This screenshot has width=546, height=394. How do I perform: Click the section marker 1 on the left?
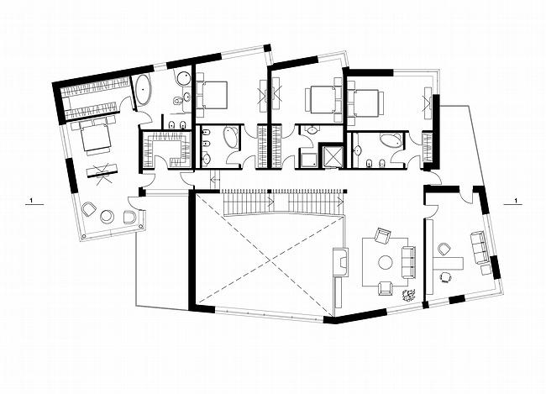coord(32,201)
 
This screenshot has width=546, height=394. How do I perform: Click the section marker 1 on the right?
coord(516,201)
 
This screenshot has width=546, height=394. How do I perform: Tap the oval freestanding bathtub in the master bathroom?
coord(143,89)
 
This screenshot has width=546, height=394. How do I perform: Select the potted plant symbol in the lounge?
coord(408,295)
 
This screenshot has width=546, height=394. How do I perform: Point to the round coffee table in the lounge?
coord(385,262)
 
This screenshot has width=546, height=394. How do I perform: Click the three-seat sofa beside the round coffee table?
coord(408,262)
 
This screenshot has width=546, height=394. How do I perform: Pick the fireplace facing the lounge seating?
coord(340,262)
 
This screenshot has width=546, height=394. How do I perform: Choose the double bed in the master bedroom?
coord(95,138)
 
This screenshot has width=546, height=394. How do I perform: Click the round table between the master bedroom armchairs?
coord(107,217)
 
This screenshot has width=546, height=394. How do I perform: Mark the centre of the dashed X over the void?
coord(269,259)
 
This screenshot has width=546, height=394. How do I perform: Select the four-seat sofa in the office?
coord(480,248)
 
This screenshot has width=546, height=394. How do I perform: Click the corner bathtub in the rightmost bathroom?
coord(391,141)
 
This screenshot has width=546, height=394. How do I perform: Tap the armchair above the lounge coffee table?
coord(382,235)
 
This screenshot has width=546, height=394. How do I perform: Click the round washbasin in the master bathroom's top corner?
coord(183,78)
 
